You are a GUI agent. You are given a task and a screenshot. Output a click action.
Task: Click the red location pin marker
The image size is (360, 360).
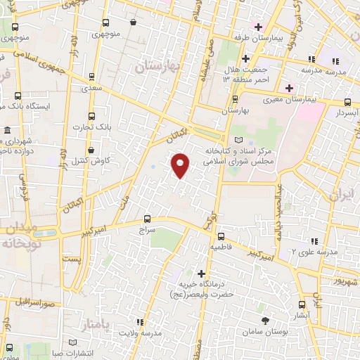click(x=181, y=165)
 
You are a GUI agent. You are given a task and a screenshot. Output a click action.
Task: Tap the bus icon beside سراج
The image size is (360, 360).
click(x=147, y=219)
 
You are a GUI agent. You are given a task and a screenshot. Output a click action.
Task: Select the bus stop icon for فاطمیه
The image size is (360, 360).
click(x=221, y=237)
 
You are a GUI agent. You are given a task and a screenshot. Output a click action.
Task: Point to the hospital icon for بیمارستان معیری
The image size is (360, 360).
click(x=289, y=89)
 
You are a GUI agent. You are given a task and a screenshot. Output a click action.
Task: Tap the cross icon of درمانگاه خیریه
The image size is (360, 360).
click(x=202, y=273)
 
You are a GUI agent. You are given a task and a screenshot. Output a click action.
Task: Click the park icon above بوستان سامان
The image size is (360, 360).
click(x=265, y=321)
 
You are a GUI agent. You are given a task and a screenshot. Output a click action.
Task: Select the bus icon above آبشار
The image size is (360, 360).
click(x=302, y=304)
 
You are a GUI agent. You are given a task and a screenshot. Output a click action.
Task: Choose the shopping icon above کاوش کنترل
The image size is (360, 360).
click(x=91, y=150)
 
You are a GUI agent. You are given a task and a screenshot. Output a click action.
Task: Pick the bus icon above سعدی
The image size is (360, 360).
click(x=91, y=77)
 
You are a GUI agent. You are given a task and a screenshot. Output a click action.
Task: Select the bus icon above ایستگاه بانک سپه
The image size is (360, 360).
click(x=16, y=95)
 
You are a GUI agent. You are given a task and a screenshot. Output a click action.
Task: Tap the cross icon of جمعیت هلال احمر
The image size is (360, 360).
click(x=245, y=58)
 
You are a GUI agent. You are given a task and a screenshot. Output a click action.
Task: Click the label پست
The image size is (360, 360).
click(x=71, y=259)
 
